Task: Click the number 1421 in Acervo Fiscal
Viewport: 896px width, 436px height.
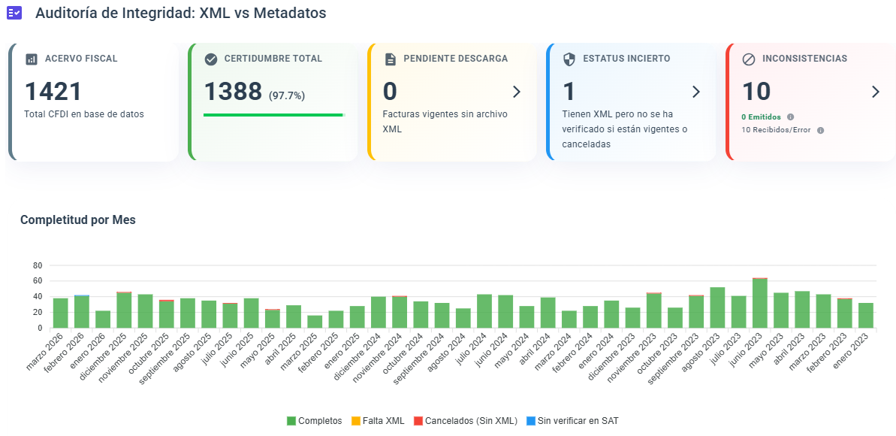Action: coord(53,92)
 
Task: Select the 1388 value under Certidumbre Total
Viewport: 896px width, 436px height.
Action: coord(233,92)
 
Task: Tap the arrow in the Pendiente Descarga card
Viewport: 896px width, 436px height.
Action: coord(516,92)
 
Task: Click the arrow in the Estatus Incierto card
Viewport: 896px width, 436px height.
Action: coord(695,92)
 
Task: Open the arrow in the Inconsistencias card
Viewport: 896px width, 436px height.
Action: coord(875,92)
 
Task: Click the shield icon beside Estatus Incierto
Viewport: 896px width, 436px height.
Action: coord(569,59)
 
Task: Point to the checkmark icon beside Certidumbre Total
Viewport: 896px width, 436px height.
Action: coord(211,59)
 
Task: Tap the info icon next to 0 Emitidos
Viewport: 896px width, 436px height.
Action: coord(790,117)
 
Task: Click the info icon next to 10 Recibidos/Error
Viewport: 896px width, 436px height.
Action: coord(820,130)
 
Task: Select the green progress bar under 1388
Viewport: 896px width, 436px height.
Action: coord(273,115)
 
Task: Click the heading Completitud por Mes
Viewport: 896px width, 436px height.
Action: coord(77,220)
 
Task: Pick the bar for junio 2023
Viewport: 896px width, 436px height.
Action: coord(760,304)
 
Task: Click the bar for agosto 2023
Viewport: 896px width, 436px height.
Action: coord(717,307)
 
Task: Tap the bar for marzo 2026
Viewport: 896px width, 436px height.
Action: coord(61,313)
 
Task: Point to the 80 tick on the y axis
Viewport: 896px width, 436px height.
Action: coord(38,265)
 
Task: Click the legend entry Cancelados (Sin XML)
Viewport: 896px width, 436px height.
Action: coord(465,421)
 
